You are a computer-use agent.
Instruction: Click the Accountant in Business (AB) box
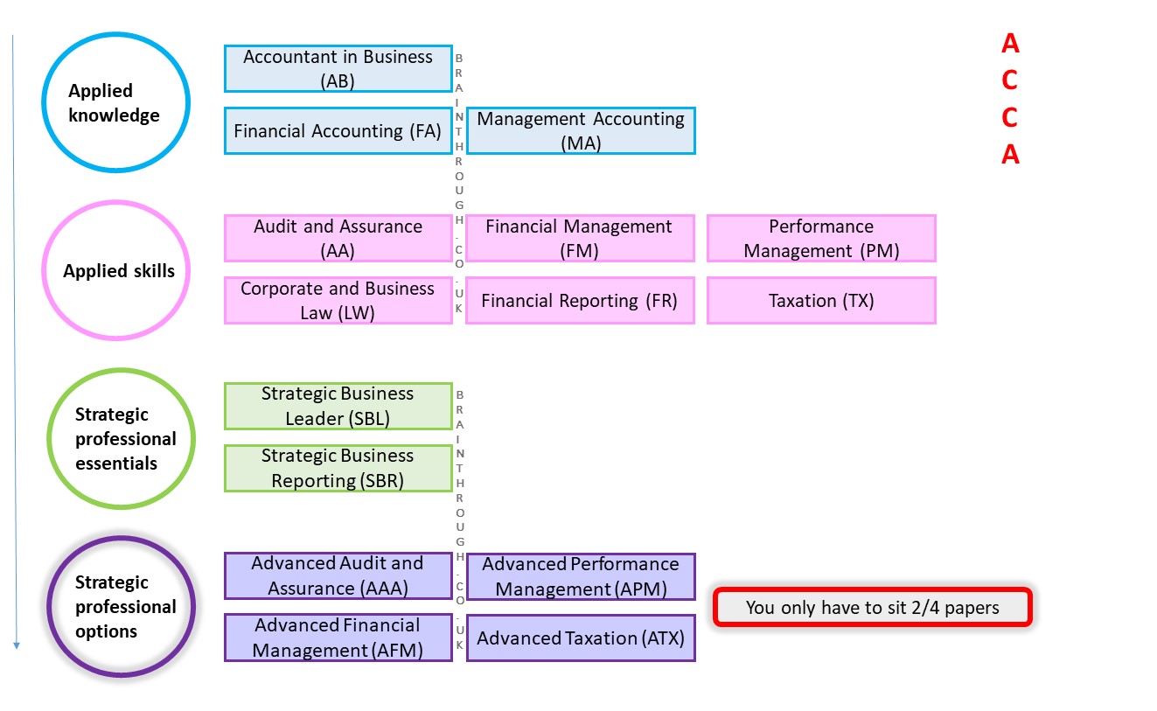[x=338, y=68]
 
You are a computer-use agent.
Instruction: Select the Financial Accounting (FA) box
[x=338, y=131]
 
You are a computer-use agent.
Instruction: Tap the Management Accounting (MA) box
[x=581, y=131]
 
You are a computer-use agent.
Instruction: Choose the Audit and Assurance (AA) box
[x=338, y=238]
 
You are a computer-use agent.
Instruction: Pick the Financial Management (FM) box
[x=580, y=238]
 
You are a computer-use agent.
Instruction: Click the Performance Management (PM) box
[x=821, y=238]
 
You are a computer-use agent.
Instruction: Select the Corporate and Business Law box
[x=338, y=301]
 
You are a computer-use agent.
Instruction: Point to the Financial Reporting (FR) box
[x=580, y=301]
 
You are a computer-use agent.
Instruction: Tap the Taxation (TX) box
[x=821, y=301]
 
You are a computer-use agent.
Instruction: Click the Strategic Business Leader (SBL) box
[x=338, y=406]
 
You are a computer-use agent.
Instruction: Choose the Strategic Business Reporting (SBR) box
[x=338, y=468]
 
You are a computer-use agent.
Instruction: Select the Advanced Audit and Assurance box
[x=338, y=575]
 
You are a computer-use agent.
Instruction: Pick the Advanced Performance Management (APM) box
[x=581, y=576]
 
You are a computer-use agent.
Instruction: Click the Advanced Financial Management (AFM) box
[x=338, y=638]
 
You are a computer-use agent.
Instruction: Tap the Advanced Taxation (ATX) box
[x=581, y=638]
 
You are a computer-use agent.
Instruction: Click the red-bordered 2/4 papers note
[x=873, y=607]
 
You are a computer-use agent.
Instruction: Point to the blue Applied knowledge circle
[x=115, y=103]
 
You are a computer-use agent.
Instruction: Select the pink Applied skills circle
[x=117, y=270]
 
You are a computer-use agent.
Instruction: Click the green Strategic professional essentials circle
[x=122, y=438]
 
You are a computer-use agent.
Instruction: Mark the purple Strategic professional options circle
[x=122, y=606]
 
